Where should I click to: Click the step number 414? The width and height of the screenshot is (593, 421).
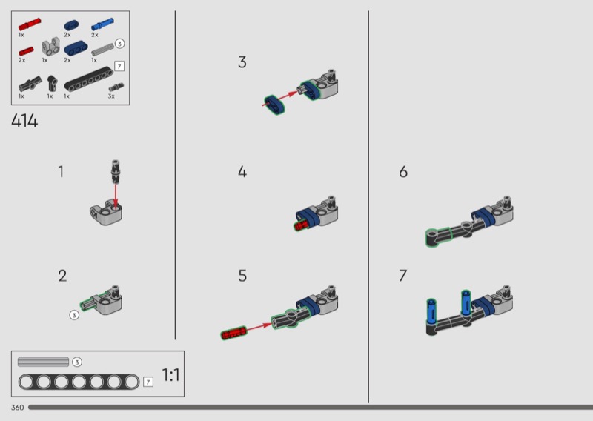pos(24,121)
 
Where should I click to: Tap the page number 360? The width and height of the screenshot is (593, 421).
pos(17,408)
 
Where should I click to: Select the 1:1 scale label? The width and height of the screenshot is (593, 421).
pos(170,375)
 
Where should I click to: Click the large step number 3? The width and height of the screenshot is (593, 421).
pos(242,62)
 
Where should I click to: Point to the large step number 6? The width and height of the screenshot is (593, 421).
pos(403,172)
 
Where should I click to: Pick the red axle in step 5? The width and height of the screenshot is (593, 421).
pos(233,334)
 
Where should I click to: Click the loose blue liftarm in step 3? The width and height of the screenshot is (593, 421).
pos(274,105)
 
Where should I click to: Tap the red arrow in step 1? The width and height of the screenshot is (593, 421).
pos(116,195)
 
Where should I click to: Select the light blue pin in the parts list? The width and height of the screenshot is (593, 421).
pos(102,24)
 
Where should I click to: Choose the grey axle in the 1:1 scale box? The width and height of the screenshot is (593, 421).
pos(43,362)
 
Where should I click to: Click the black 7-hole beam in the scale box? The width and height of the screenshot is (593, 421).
pos(79,382)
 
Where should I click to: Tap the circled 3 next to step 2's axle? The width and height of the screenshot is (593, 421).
pos(74,315)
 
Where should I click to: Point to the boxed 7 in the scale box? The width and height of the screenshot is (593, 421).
pos(148,382)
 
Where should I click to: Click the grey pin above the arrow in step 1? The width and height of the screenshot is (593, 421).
pos(116,170)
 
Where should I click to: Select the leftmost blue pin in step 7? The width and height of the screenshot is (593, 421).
pos(431,310)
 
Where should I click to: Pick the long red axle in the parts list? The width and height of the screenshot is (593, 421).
pos(30,24)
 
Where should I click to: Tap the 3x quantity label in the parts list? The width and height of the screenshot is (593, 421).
pos(111,96)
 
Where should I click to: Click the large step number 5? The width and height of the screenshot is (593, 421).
pos(242,276)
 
